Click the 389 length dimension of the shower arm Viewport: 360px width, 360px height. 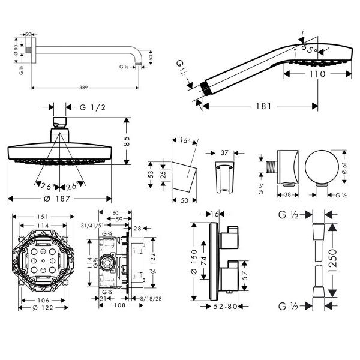click(83, 88)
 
